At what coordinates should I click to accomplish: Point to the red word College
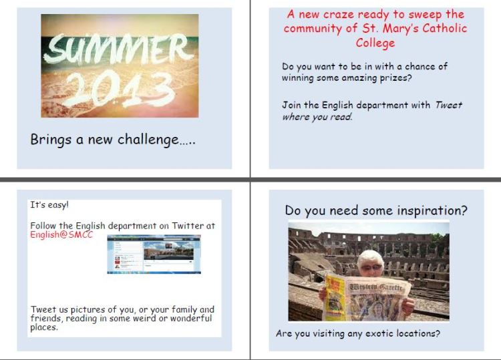[x=375, y=43]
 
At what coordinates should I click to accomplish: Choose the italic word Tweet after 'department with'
[x=448, y=105]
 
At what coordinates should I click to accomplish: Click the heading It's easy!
[x=49, y=205]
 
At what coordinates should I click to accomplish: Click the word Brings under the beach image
[x=51, y=140]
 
